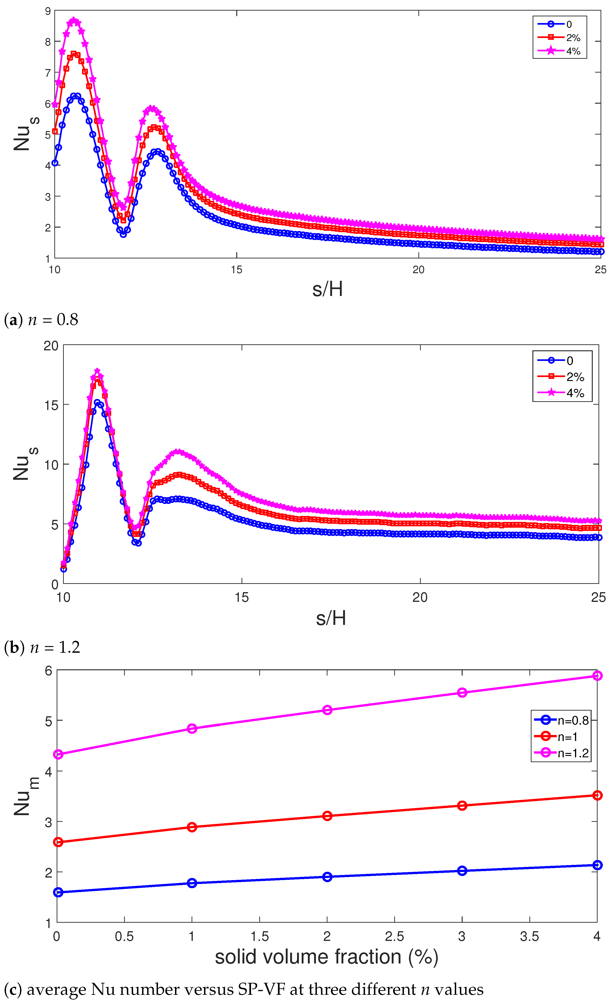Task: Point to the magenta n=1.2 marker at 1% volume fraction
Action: tap(192, 729)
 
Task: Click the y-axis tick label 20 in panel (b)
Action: tap(51, 346)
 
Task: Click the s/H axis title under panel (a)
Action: tap(327, 289)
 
